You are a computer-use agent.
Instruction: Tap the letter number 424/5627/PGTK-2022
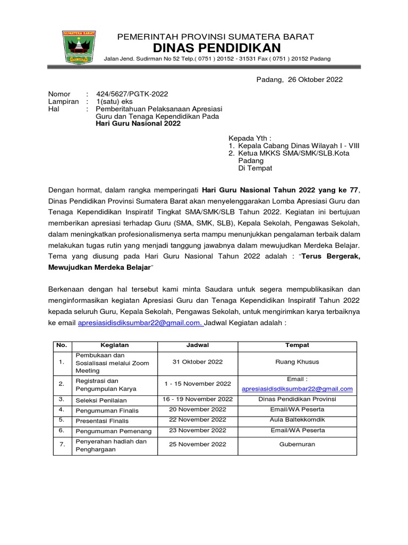[132, 94]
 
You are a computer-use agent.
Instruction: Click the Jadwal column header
[197, 345]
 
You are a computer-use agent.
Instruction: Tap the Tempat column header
[297, 345]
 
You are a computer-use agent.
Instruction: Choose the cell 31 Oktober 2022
[197, 362]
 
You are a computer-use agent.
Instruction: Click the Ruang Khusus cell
[297, 362]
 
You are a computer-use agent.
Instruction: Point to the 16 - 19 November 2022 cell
[197, 399]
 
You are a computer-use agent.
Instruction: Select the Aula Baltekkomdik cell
[297, 420]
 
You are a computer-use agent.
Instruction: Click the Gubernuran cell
[297, 444]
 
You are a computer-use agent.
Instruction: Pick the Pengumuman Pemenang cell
[113, 431]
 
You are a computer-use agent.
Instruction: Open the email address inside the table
[297, 389]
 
